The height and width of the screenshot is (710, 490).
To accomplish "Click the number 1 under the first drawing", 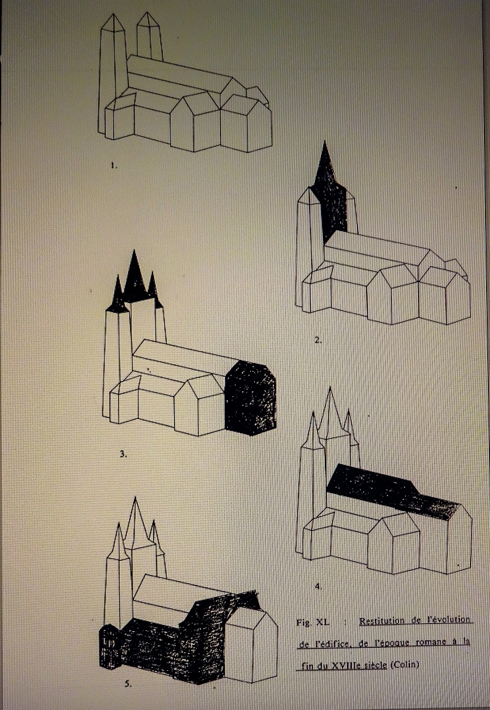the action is pyautogui.click(x=114, y=166).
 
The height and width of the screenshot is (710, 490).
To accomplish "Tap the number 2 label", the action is pyautogui.click(x=318, y=341).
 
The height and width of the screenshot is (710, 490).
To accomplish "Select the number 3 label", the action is pyautogui.click(x=123, y=454).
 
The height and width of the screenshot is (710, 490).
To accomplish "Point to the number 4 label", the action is pyautogui.click(x=318, y=587).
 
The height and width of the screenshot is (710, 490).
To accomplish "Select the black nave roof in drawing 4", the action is pyautogui.click(x=393, y=491).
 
